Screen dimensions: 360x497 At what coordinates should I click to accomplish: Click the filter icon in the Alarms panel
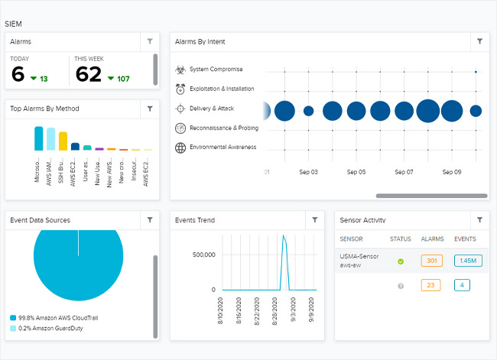click(150, 42)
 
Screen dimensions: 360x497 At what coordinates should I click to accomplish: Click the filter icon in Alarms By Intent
click(479, 42)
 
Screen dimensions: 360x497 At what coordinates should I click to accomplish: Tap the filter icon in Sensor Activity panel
click(479, 220)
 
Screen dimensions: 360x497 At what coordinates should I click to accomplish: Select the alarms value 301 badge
click(431, 261)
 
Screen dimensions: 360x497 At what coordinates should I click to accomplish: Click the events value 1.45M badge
click(466, 261)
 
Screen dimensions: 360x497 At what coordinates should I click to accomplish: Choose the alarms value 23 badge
click(431, 286)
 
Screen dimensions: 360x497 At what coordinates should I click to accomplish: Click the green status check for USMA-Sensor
click(401, 261)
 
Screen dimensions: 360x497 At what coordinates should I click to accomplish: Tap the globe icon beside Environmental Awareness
click(180, 148)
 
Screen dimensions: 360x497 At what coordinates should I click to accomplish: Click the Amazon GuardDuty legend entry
click(51, 328)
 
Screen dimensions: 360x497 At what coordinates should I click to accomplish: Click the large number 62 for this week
click(89, 74)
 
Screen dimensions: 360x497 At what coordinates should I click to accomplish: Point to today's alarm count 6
click(18, 74)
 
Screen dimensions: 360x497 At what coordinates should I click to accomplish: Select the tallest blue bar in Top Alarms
click(39, 138)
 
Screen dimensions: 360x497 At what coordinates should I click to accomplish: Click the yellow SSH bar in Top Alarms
click(63, 141)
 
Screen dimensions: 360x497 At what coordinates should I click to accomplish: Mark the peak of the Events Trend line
click(284, 235)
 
